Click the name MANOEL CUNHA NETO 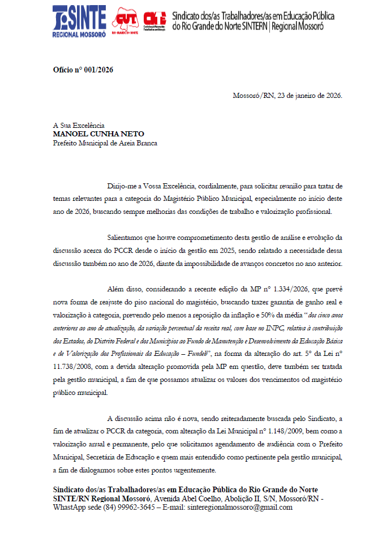pos(98,134)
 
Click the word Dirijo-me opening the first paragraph pos(122,186)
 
